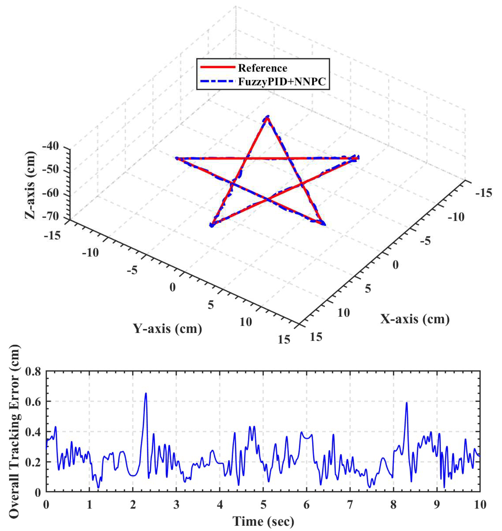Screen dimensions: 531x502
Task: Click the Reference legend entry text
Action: click(262, 68)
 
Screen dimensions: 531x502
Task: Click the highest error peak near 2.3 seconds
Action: click(146, 393)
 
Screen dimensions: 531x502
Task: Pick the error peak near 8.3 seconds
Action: click(406, 402)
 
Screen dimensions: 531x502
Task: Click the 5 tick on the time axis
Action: click(263, 505)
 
